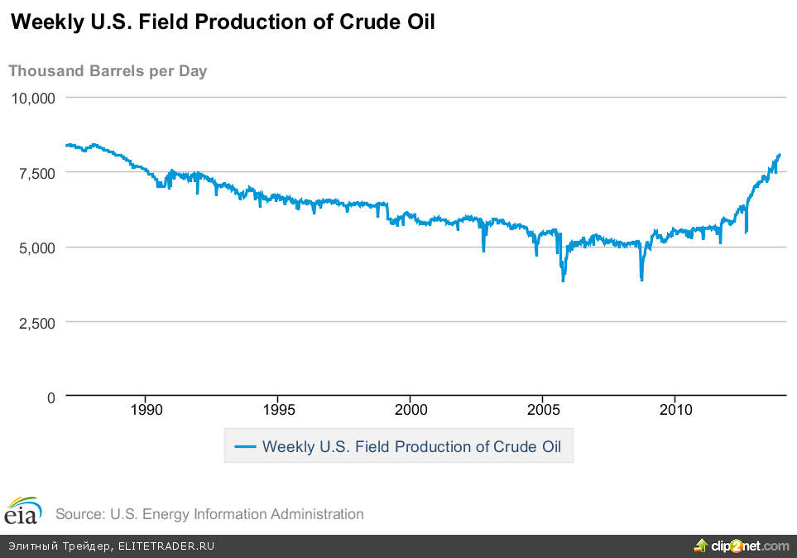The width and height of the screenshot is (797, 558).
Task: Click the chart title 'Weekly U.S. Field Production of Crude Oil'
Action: (222, 22)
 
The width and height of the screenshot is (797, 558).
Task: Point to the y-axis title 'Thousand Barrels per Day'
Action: (108, 70)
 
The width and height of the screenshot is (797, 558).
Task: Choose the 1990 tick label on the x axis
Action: (146, 410)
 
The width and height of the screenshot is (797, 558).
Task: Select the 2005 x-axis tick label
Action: (543, 410)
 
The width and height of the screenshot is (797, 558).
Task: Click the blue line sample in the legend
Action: (246, 447)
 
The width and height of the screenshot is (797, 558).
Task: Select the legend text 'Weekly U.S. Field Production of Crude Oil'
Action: (411, 447)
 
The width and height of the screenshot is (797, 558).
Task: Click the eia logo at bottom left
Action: (22, 511)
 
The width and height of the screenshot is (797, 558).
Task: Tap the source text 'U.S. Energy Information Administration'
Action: (237, 514)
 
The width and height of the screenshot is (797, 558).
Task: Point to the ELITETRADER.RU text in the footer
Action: (166, 546)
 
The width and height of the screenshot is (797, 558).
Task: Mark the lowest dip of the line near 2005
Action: (564, 281)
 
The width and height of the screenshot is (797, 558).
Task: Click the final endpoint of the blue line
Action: (780, 154)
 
